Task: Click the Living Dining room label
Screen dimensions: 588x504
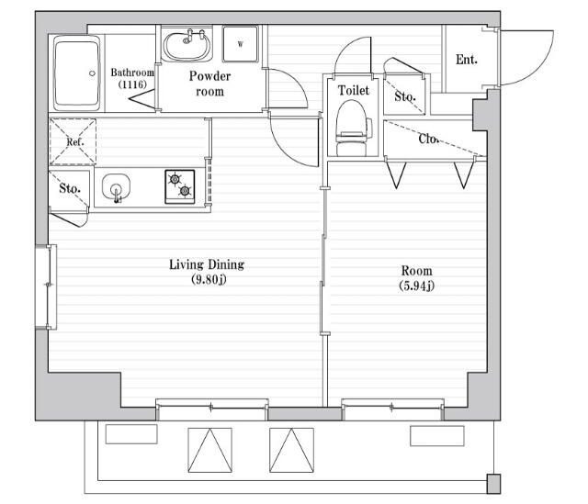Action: pos(207,264)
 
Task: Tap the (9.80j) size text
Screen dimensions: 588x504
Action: pos(209,280)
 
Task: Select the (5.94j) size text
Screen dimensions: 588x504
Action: pos(416,286)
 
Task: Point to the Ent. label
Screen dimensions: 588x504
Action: pos(467,60)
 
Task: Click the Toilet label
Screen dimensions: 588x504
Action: pos(353,90)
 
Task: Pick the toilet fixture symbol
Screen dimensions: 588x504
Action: pos(353,129)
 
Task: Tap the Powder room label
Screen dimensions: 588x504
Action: pos(209,84)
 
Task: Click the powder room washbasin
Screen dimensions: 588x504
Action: pos(187,45)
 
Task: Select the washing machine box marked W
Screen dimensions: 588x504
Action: pos(241,44)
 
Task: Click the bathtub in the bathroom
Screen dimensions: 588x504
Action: pos(77,73)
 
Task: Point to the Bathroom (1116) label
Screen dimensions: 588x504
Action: pos(132,78)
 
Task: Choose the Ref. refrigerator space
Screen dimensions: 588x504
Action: pos(73,141)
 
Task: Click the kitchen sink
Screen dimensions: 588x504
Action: pos(117,187)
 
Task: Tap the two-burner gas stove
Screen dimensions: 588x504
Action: pos(180,186)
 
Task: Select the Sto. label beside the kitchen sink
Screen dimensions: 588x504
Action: pos(70,188)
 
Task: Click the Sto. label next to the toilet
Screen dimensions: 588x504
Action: pos(405,96)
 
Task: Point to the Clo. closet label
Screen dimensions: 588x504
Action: pos(428,139)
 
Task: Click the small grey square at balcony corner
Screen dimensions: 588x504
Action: pos(493,484)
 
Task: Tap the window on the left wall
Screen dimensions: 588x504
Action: pos(47,287)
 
